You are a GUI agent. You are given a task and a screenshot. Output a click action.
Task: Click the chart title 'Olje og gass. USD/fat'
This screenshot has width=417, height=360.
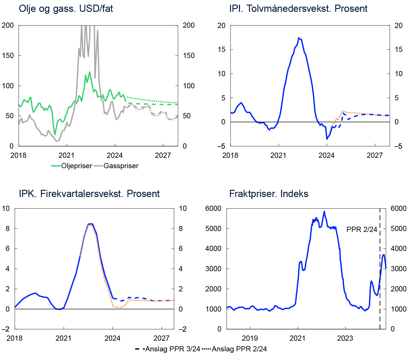point(66,9)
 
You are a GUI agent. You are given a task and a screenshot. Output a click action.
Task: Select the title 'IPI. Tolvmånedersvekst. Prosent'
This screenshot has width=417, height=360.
point(298,9)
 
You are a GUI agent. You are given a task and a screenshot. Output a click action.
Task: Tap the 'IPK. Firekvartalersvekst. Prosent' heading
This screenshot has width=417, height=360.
point(89,194)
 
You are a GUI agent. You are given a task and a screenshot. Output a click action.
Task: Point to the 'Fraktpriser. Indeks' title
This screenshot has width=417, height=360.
point(268,194)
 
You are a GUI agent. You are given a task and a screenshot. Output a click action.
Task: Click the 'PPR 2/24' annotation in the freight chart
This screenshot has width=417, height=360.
point(362,230)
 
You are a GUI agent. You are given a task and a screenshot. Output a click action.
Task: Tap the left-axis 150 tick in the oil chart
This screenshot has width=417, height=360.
point(8,56)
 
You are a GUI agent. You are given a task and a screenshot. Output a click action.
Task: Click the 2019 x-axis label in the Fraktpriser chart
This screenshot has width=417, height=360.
point(250,338)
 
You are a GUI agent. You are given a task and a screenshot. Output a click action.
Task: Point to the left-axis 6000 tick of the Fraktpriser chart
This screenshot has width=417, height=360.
point(213,209)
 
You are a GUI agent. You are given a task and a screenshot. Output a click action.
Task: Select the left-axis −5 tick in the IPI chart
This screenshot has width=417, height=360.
point(222,146)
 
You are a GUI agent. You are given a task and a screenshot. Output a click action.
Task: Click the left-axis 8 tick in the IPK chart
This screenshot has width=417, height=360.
point(8,229)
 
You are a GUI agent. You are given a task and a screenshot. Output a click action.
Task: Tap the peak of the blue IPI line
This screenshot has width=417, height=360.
point(299,38)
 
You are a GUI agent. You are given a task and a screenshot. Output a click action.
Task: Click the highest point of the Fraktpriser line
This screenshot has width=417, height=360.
point(324,211)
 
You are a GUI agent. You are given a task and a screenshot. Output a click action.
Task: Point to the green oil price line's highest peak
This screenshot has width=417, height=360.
point(90,72)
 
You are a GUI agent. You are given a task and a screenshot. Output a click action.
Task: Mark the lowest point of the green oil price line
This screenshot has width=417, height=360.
point(55,135)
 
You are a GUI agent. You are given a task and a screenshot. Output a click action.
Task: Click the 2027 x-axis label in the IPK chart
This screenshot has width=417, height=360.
point(161,338)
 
